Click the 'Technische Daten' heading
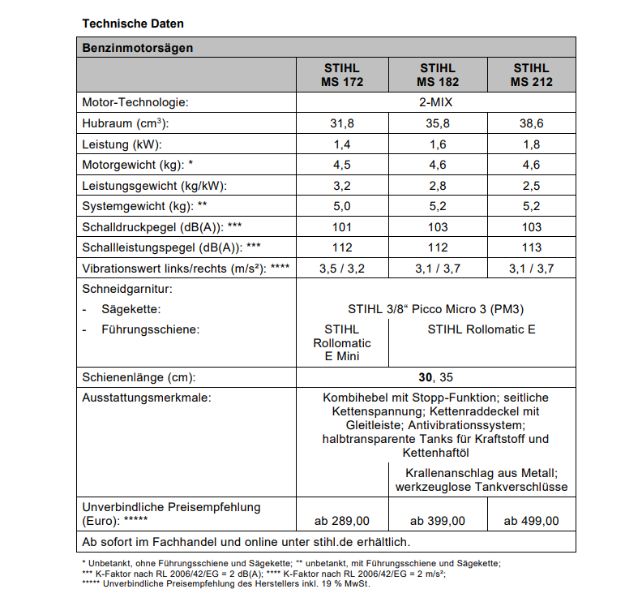pos(133,24)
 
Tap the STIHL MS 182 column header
pos(438,75)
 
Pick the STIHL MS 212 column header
pos(530,75)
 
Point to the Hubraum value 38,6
pos(530,124)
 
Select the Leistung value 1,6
pos(438,144)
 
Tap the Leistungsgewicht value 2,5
pos(530,186)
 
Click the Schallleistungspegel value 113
pos(530,247)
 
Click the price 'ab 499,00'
pos(530,521)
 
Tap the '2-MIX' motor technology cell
pos(435,103)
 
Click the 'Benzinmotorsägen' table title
pos(138,48)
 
